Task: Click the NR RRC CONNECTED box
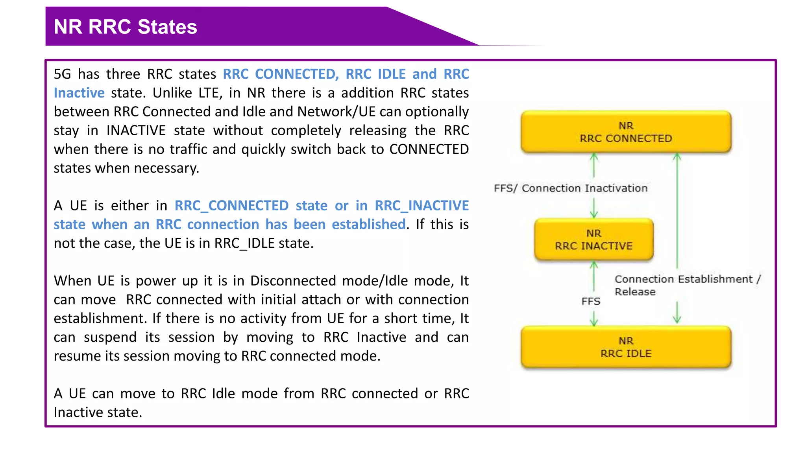(x=626, y=132)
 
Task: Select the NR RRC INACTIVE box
(x=593, y=239)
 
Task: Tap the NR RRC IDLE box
(x=626, y=347)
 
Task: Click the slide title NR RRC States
(x=125, y=27)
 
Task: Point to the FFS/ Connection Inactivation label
(x=570, y=188)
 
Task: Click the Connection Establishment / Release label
(x=687, y=285)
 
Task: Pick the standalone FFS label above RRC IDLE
(x=591, y=301)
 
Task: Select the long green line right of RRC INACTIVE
(x=677, y=212)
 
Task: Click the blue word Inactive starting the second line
(x=79, y=93)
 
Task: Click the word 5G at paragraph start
(x=63, y=74)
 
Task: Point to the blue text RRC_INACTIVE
(x=421, y=206)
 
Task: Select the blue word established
(x=368, y=225)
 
